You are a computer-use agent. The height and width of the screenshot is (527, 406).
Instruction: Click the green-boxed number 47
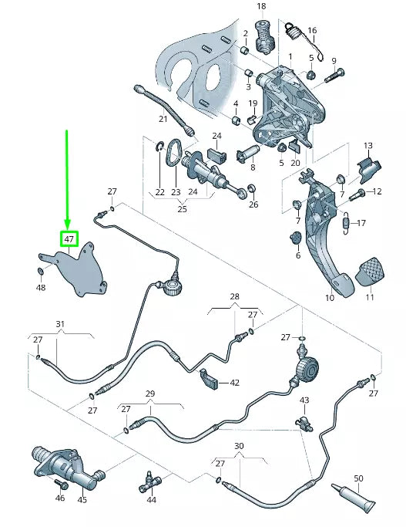(69, 239)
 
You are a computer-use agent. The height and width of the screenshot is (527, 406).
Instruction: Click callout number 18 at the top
(260, 7)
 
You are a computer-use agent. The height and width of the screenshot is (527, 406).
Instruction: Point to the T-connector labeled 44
(149, 484)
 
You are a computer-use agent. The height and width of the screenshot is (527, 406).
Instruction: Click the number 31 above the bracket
(60, 324)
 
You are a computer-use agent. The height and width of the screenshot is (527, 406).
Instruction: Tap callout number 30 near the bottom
(239, 447)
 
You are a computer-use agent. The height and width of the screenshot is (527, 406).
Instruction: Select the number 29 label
(150, 394)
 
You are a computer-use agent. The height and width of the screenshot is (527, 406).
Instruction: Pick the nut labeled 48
(40, 271)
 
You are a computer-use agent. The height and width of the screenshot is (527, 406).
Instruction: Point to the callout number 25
(182, 208)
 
